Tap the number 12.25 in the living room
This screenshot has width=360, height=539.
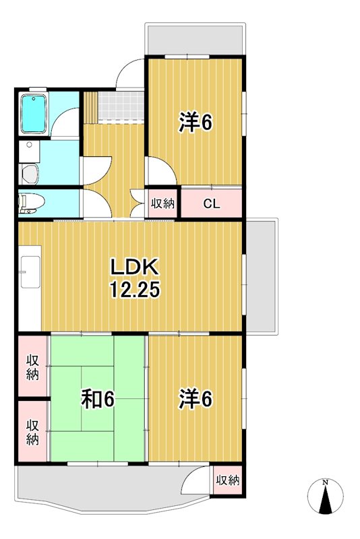point(136,290)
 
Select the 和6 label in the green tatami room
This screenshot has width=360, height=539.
point(98,400)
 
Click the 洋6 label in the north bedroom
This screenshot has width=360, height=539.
point(196,123)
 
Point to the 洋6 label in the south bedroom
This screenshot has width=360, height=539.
point(196,400)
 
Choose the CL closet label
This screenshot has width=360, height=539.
point(211,203)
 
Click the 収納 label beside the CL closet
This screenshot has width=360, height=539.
point(162,203)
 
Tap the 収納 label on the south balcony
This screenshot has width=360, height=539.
point(228,480)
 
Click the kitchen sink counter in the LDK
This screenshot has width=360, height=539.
point(30,274)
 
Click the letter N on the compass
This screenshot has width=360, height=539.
point(325,482)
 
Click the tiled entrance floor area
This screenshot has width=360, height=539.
point(121,106)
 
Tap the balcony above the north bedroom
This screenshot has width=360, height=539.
point(194,40)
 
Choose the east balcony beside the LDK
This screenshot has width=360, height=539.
point(260,276)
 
